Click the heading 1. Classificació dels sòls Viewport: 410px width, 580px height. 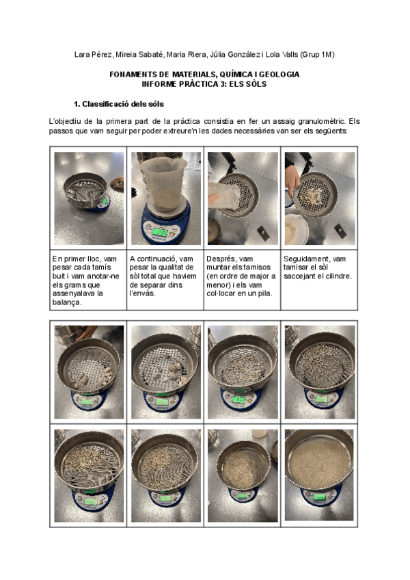119,104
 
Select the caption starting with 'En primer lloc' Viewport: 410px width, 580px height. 86,280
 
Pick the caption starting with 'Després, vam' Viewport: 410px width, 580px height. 241,276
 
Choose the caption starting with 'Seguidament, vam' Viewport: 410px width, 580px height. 318,267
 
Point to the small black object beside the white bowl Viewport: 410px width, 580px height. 340,230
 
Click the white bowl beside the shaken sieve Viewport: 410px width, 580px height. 296,229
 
